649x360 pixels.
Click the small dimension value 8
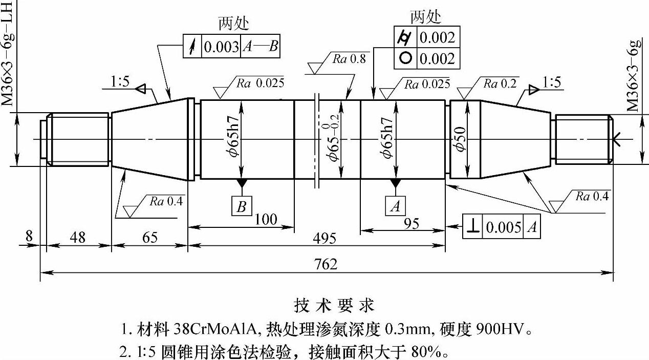pos(29,237)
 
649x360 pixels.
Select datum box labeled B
pos(242,206)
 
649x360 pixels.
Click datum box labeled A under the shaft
pos(395,206)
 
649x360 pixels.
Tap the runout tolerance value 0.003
pos(222,47)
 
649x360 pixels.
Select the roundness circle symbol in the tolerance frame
pos(405,58)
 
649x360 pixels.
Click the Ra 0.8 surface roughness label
pos(349,58)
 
